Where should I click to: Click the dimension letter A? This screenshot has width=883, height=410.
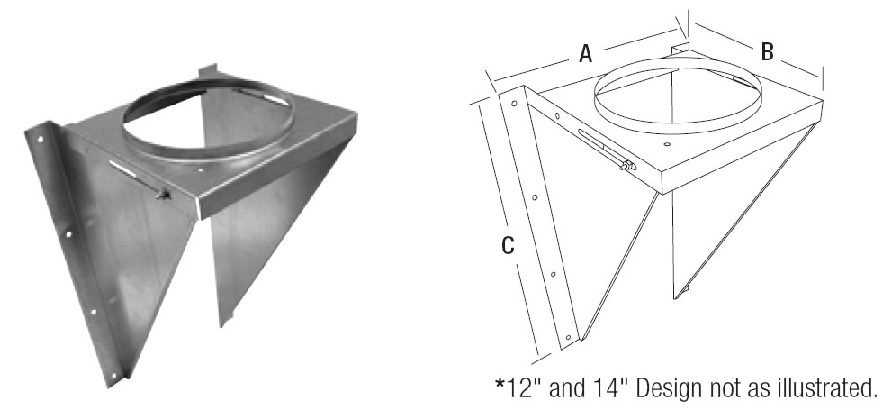[x=585, y=55]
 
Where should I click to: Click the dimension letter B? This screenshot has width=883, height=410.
[x=767, y=52]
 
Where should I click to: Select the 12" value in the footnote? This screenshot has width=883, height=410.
[x=524, y=388]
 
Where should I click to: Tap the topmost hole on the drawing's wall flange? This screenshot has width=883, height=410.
[x=514, y=105]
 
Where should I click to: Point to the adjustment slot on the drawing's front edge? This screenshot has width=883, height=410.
[x=596, y=146]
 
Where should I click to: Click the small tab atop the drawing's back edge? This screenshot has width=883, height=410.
[x=680, y=47]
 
